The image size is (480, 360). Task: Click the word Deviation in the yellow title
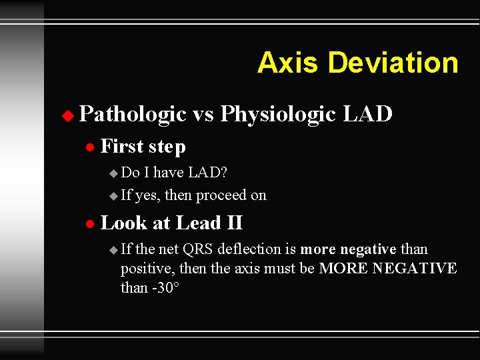(x=393, y=63)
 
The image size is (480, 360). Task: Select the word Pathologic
(x=132, y=115)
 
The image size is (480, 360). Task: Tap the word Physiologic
(x=278, y=115)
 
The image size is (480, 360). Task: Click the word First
(x=123, y=146)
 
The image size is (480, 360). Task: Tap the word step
(x=167, y=147)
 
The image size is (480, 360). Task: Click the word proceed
(x=210, y=196)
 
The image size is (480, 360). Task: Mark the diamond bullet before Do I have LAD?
(x=112, y=173)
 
